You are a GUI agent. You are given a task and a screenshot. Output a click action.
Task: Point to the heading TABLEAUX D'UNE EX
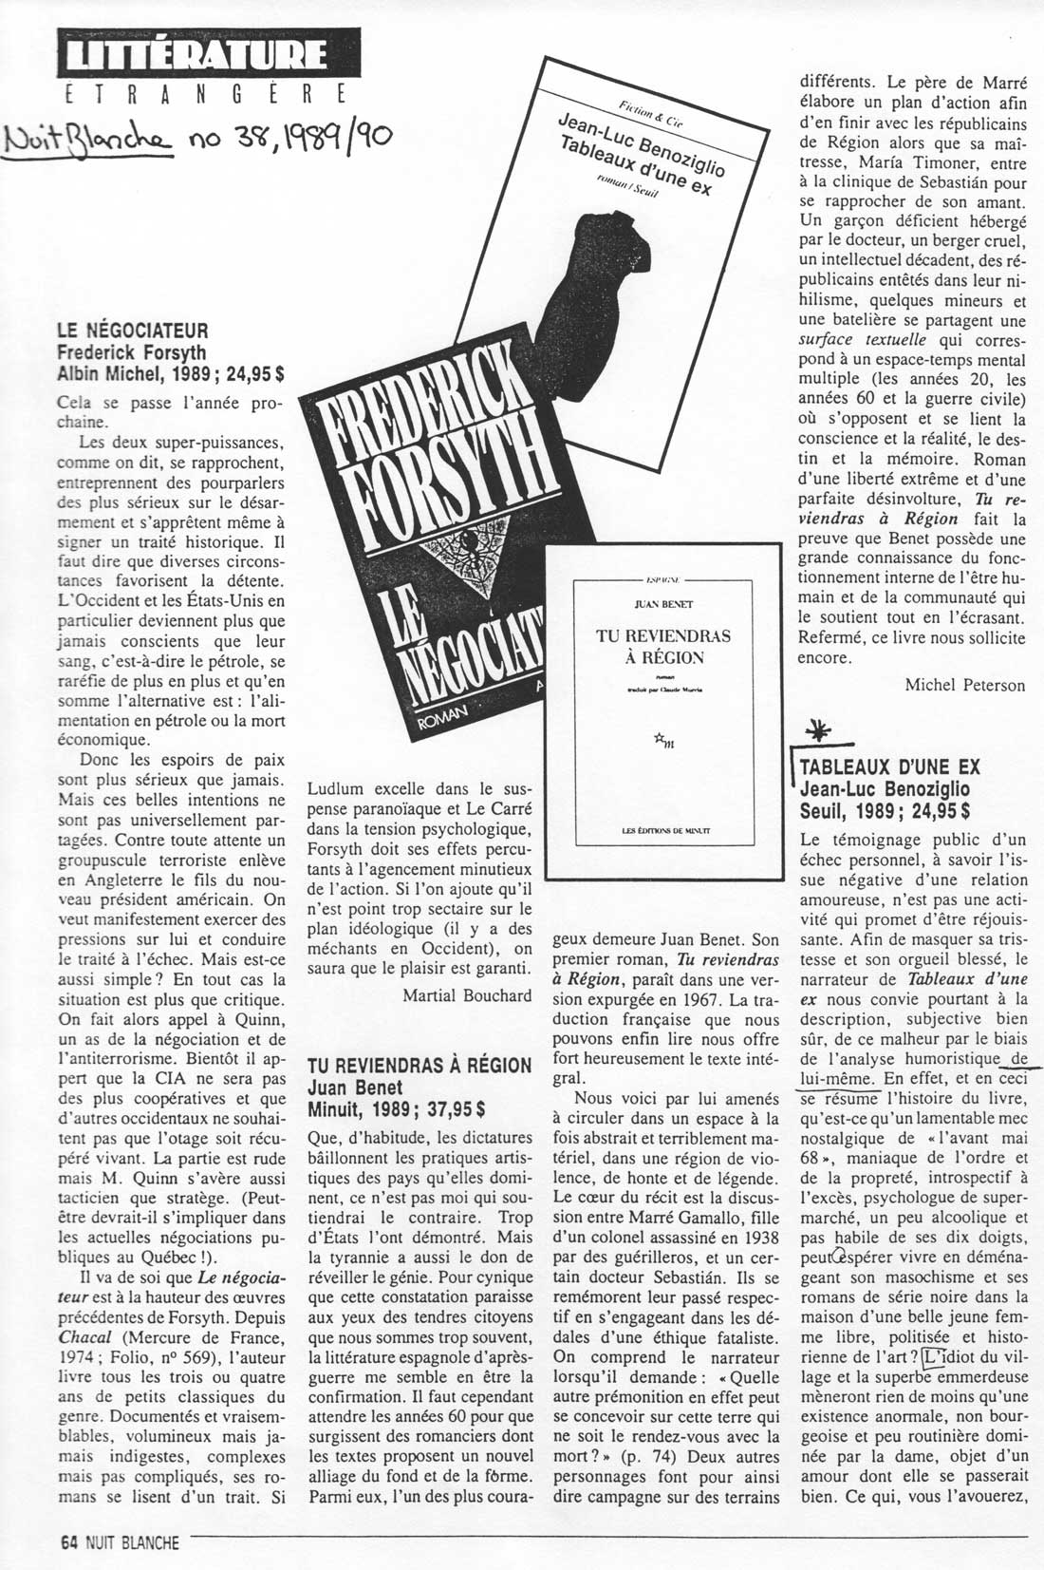[x=890, y=767]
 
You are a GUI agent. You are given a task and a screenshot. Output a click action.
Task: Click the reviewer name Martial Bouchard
[x=466, y=995]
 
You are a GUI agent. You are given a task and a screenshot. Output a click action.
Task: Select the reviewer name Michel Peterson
[x=964, y=685]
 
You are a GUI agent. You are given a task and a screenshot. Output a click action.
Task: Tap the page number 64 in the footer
[x=67, y=1543]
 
